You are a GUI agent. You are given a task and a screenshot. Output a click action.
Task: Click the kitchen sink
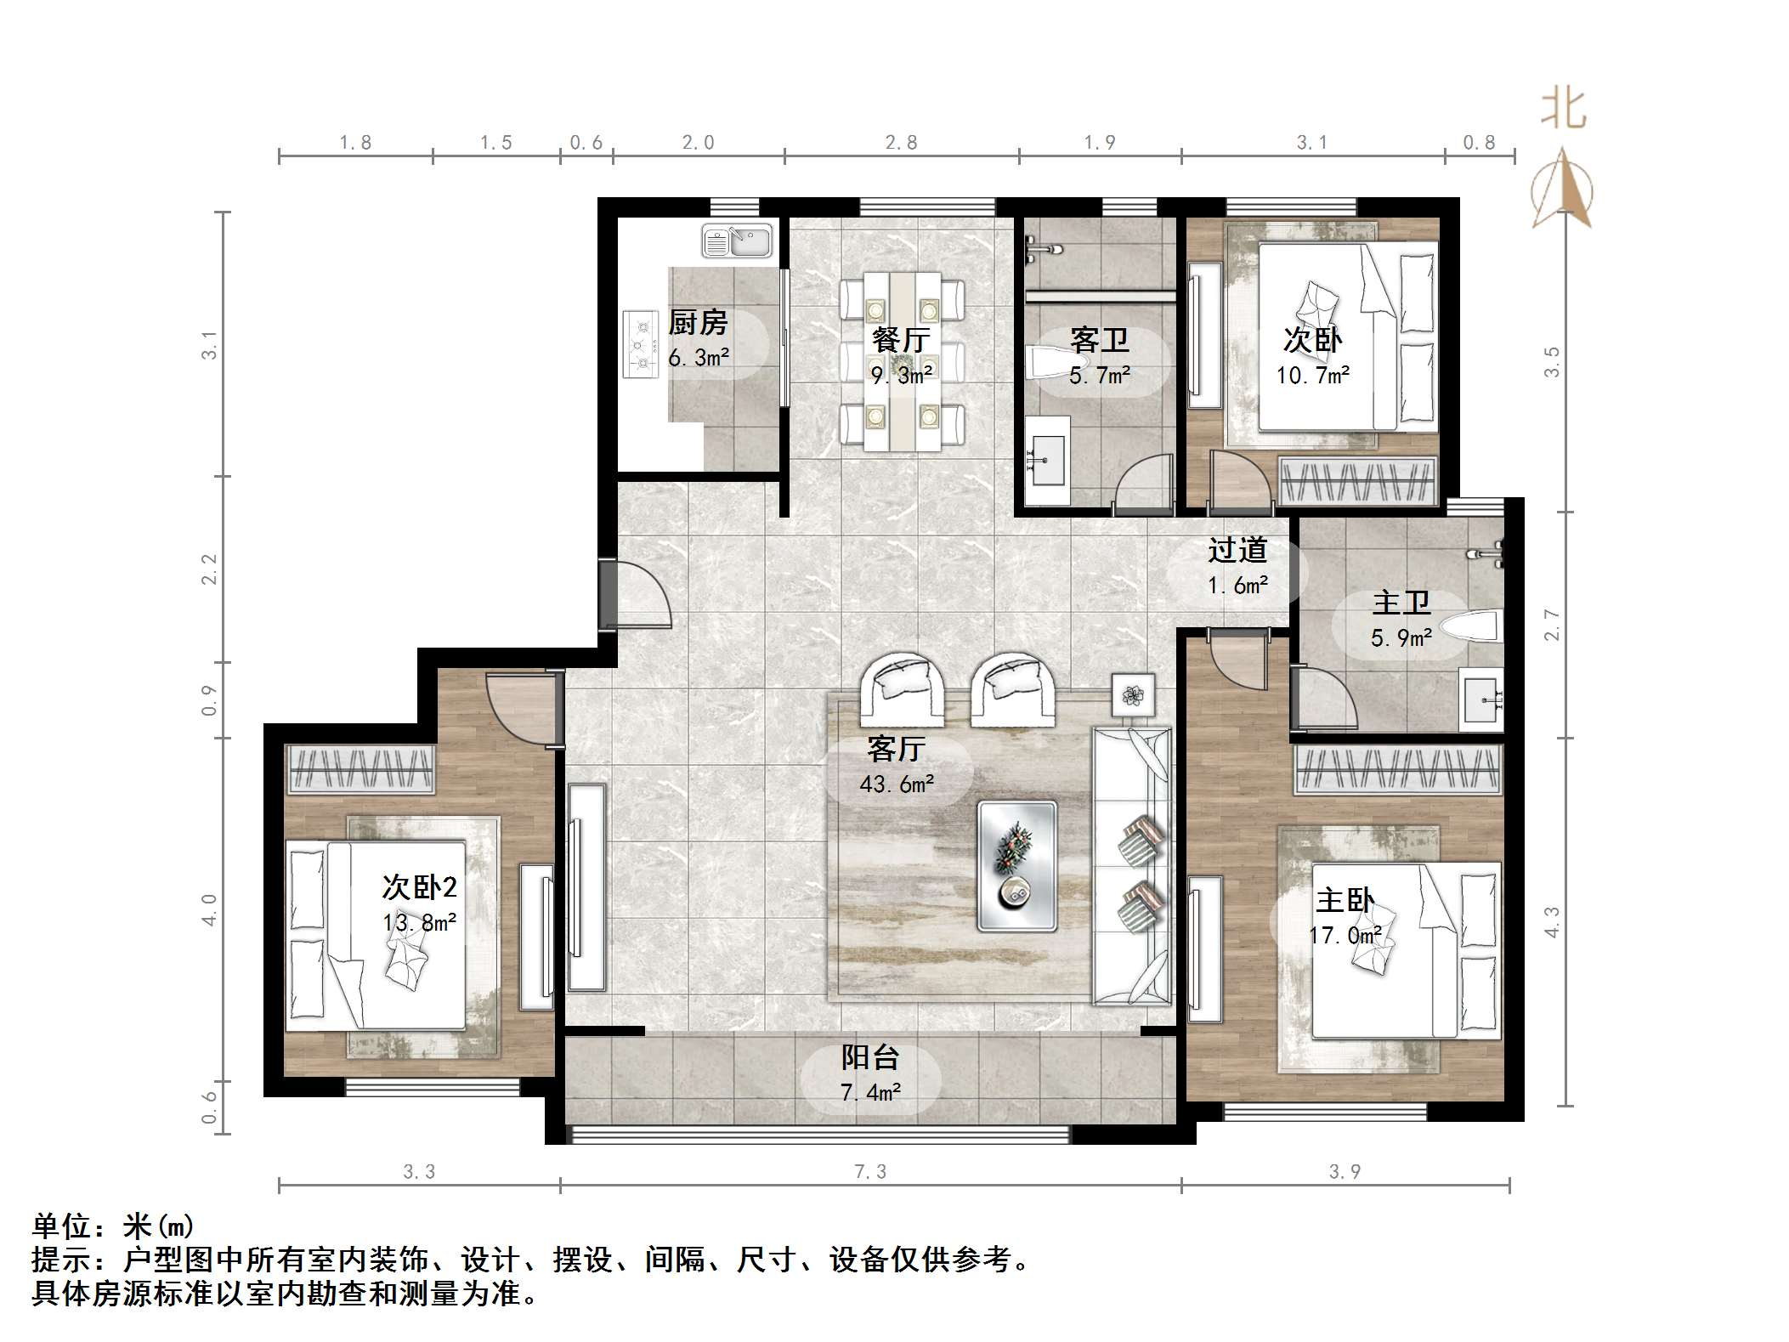pos(736,241)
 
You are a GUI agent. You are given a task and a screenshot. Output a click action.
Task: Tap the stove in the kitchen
pos(641,344)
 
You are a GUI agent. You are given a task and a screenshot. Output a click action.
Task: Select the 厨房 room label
pos(698,322)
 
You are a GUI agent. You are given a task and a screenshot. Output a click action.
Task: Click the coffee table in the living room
pos(1017,866)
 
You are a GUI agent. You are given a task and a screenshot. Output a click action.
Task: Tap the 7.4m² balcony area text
pos(871,1092)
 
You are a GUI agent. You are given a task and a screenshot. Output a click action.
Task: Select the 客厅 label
pos(896,749)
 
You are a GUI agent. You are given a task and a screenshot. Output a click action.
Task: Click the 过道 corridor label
pos(1237,550)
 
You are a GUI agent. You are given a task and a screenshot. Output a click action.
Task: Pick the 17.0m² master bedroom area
pos(1345,936)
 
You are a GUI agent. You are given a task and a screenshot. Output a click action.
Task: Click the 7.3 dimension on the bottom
pos(870,1172)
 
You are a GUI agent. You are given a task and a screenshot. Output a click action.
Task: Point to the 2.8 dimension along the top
pos(901,143)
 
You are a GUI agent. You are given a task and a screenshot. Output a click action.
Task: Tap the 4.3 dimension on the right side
pos(1552,922)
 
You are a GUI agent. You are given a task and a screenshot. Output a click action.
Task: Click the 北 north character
pos(1564,110)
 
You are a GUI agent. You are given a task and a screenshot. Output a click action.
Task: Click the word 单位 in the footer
pos(62,1226)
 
